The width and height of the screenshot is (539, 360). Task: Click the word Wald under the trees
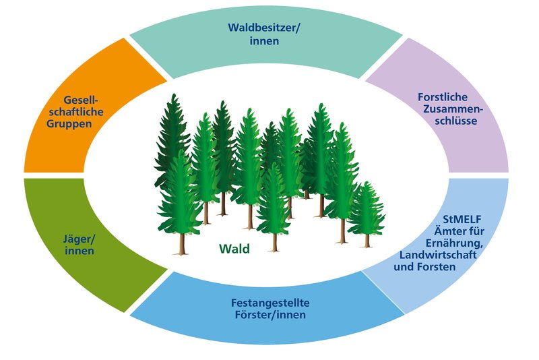(x=234, y=249)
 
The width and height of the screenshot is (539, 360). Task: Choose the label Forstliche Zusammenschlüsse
(x=447, y=109)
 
